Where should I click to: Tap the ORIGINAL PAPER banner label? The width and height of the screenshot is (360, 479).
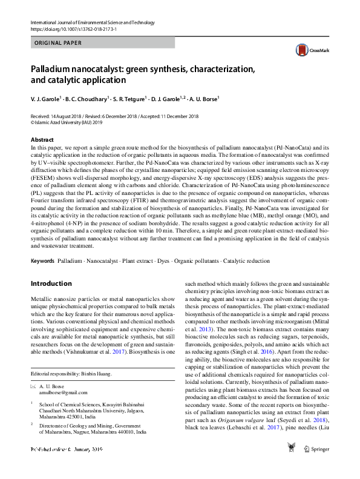(57, 43)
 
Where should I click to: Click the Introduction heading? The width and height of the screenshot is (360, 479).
(51, 283)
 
